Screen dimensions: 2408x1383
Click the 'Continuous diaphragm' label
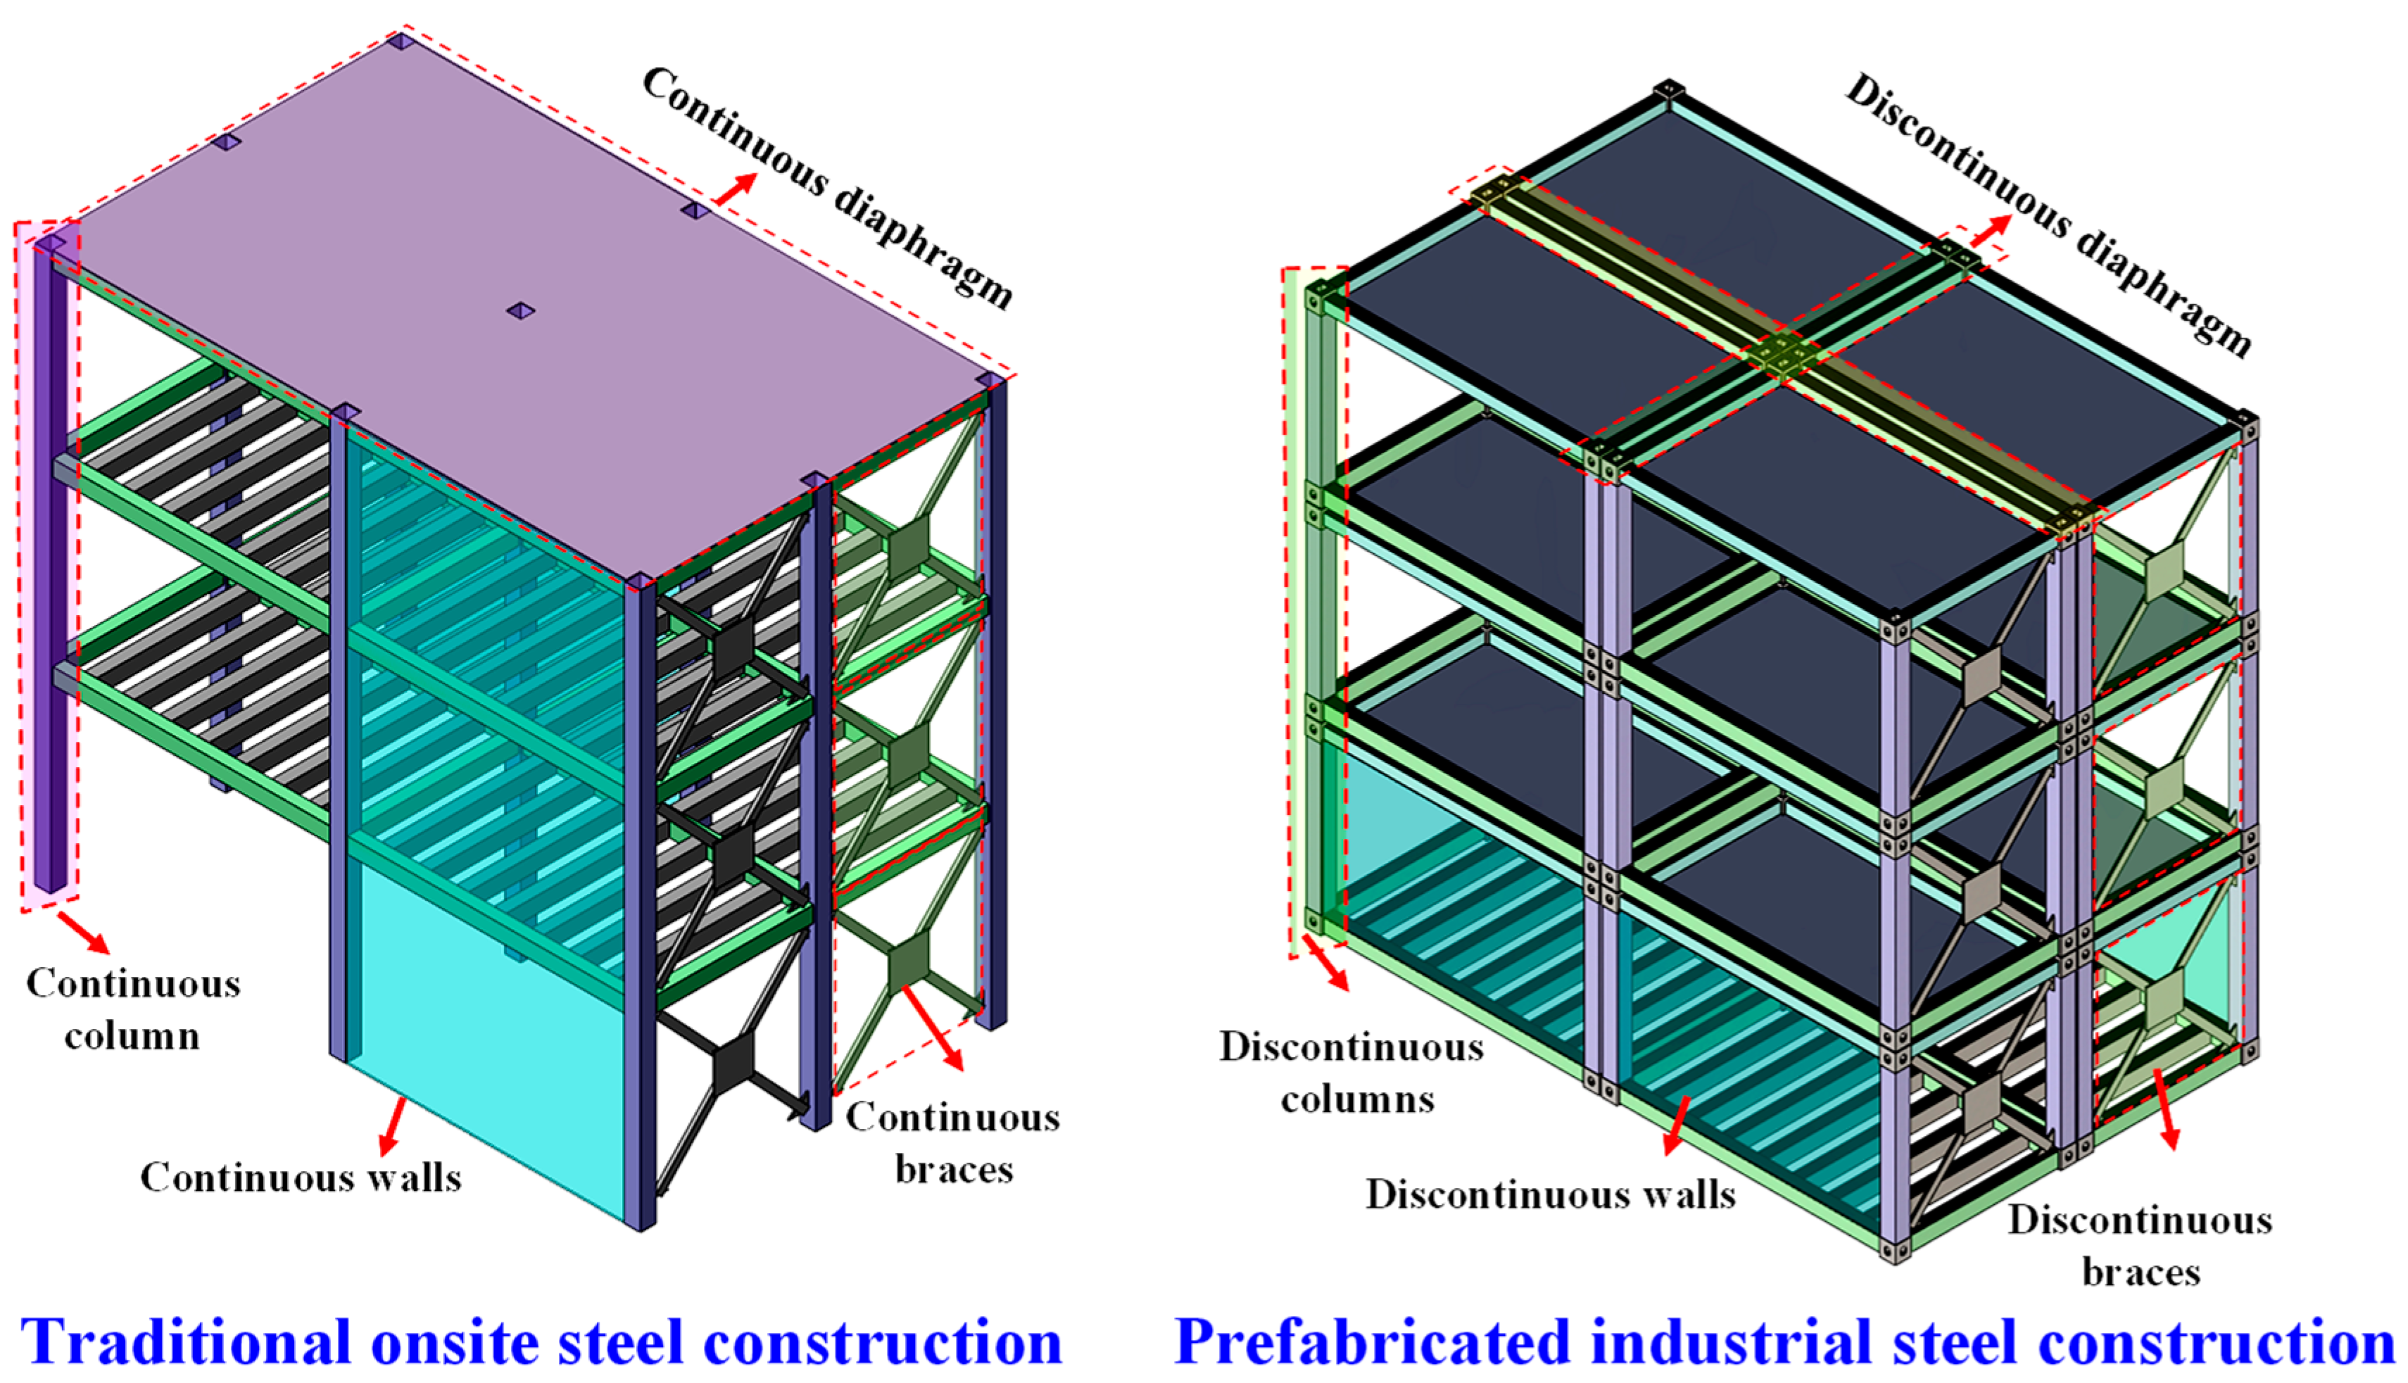coord(828,187)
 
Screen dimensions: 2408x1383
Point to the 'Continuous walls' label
coord(301,1177)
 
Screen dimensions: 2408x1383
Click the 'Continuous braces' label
coord(953,1143)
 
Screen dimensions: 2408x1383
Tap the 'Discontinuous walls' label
coord(1550,1194)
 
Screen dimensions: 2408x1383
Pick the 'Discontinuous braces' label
coord(2140,1245)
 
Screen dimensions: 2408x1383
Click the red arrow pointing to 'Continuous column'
coord(84,932)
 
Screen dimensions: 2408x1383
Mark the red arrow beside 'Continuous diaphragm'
coord(736,188)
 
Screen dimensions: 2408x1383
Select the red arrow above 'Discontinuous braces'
coord(2167,1109)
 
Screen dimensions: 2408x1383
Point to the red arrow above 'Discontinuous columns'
coord(1325,962)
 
